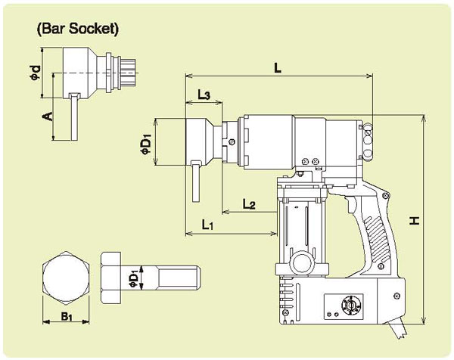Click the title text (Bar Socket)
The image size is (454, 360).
click(78, 31)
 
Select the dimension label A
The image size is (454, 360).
click(47, 116)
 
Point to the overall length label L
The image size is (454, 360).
click(278, 68)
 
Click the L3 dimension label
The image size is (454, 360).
click(203, 94)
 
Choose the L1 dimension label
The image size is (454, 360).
click(211, 224)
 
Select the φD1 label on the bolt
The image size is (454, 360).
click(134, 277)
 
